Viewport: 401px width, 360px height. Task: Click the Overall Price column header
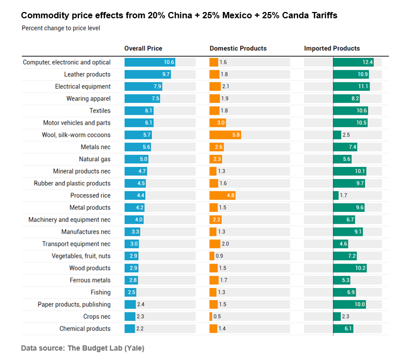pos(143,49)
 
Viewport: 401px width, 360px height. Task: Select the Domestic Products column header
pos(238,49)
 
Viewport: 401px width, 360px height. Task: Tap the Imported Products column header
pos(332,49)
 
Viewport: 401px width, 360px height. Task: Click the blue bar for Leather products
pos(148,75)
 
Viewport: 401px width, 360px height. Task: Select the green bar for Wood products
pos(350,268)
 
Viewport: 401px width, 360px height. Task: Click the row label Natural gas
pos(95,159)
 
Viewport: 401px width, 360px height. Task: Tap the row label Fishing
pos(100,292)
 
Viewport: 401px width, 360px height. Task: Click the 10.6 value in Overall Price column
pos(169,63)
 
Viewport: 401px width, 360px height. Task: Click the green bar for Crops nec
pos(337,317)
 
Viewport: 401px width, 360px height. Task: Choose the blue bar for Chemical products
pos(130,329)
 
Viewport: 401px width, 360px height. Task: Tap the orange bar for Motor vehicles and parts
pos(218,123)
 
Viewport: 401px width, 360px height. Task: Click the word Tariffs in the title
pos(324,16)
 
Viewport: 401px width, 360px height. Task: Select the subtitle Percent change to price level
pos(61,28)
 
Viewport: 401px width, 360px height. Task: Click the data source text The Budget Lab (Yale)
pos(105,348)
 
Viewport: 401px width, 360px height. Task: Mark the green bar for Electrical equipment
pos(351,87)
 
